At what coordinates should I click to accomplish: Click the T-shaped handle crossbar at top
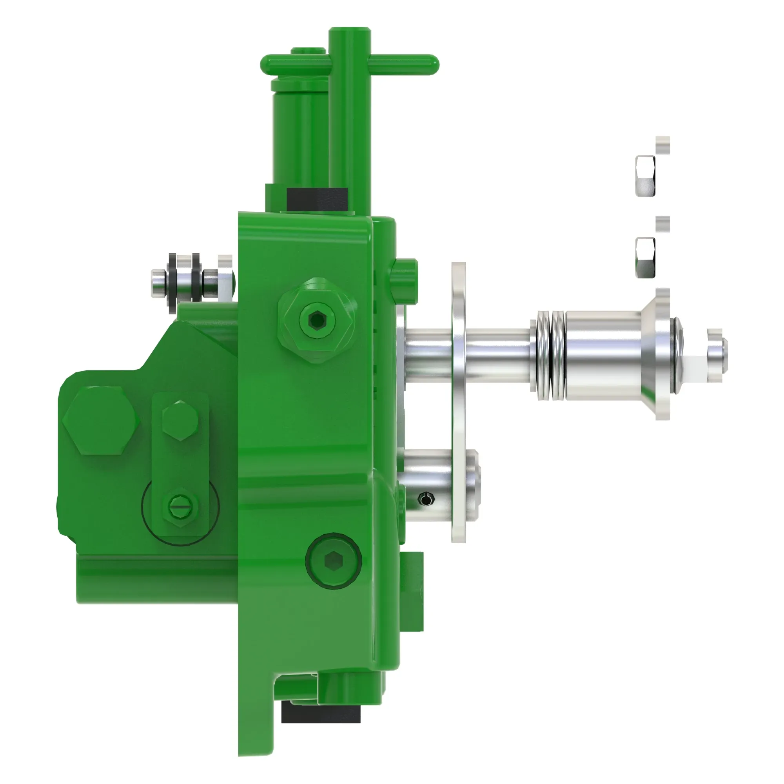pyautogui.click(x=402, y=65)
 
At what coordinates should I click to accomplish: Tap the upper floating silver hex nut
pyautogui.click(x=645, y=176)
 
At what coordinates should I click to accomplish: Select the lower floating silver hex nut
pyautogui.click(x=645, y=258)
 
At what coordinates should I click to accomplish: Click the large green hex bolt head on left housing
pyautogui.click(x=101, y=420)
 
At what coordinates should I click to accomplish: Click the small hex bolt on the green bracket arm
pyautogui.click(x=180, y=420)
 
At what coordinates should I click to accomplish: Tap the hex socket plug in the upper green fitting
pyautogui.click(x=317, y=321)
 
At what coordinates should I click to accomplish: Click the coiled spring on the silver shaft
pyautogui.click(x=550, y=355)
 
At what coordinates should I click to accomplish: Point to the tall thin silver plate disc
pyautogui.click(x=459, y=402)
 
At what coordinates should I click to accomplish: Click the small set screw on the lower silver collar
pyautogui.click(x=426, y=499)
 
